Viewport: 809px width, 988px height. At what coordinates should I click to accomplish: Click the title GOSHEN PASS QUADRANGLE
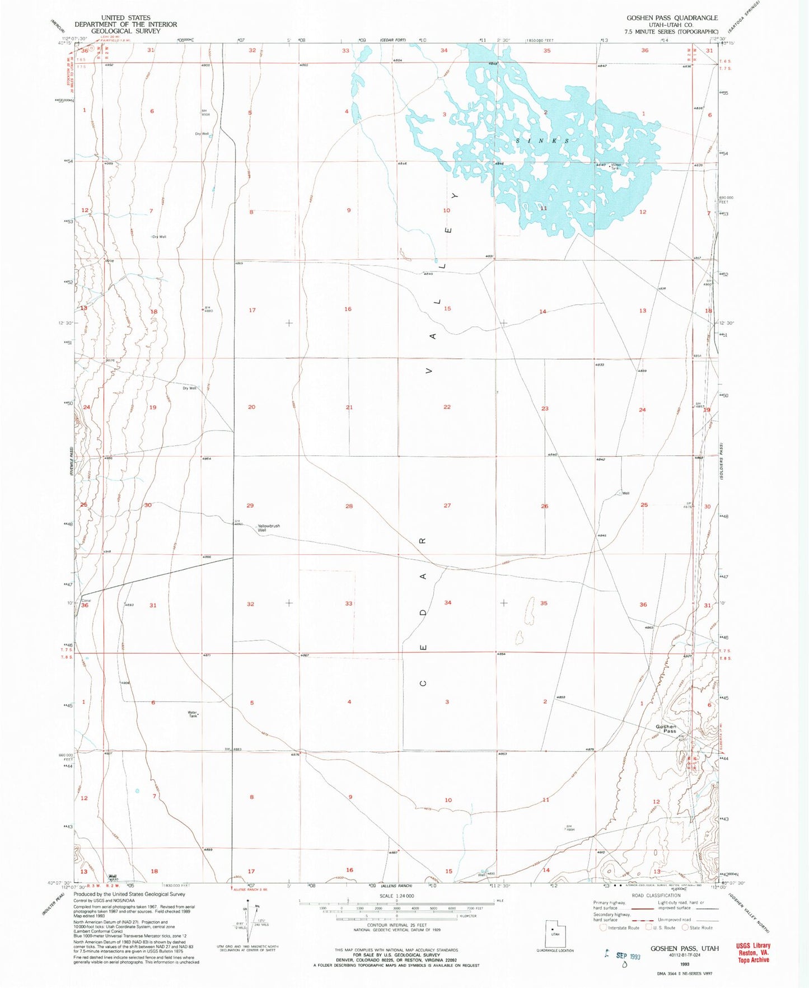(x=672, y=18)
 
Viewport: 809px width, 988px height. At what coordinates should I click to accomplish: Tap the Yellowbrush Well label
(x=269, y=528)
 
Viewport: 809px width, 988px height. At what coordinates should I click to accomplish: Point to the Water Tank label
(x=193, y=714)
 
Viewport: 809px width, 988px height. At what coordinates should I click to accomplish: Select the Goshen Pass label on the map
(x=666, y=729)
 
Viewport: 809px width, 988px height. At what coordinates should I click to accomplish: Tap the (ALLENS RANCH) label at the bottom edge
(x=396, y=886)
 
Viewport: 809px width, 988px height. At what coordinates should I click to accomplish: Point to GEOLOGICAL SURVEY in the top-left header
(x=125, y=31)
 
